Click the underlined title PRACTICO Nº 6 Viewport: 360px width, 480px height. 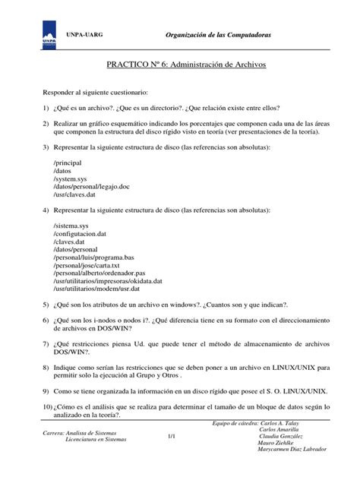(185, 66)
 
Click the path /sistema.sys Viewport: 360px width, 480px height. (71, 227)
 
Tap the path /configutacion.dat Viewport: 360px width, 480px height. (80, 235)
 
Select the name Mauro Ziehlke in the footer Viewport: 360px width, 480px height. (281, 441)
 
